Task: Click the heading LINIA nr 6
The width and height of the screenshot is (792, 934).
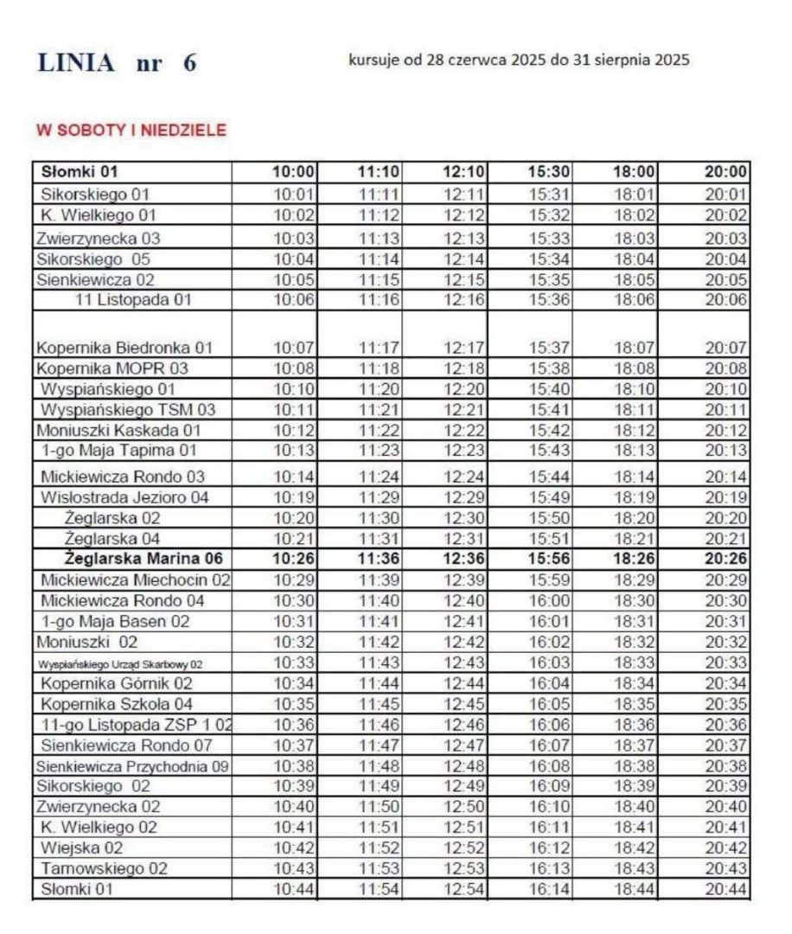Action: pyautogui.click(x=118, y=63)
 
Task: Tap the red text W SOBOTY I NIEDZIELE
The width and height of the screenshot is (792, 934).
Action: pyautogui.click(x=131, y=131)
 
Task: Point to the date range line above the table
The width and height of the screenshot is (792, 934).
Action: pyautogui.click(x=519, y=61)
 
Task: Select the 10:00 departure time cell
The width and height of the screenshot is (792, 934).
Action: pyautogui.click(x=294, y=172)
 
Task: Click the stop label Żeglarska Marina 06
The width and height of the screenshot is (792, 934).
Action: pyautogui.click(x=144, y=560)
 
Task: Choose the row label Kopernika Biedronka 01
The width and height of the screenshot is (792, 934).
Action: pyautogui.click(x=125, y=348)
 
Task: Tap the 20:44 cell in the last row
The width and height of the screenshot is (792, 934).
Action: pyautogui.click(x=725, y=889)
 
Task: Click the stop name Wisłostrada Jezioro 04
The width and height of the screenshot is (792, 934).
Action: pyautogui.click(x=125, y=497)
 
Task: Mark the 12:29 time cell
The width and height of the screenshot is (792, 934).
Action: pyautogui.click(x=465, y=497)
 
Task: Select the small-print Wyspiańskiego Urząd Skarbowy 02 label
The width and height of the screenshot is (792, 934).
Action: pyautogui.click(x=120, y=664)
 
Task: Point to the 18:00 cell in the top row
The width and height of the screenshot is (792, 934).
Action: pyautogui.click(x=636, y=172)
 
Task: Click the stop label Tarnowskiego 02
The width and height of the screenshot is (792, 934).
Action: pyautogui.click(x=104, y=868)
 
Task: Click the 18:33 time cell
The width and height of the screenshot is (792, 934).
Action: pyautogui.click(x=636, y=663)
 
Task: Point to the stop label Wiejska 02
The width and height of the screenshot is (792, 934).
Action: pyautogui.click(x=82, y=848)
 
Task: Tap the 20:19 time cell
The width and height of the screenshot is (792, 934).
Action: pyautogui.click(x=725, y=497)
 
